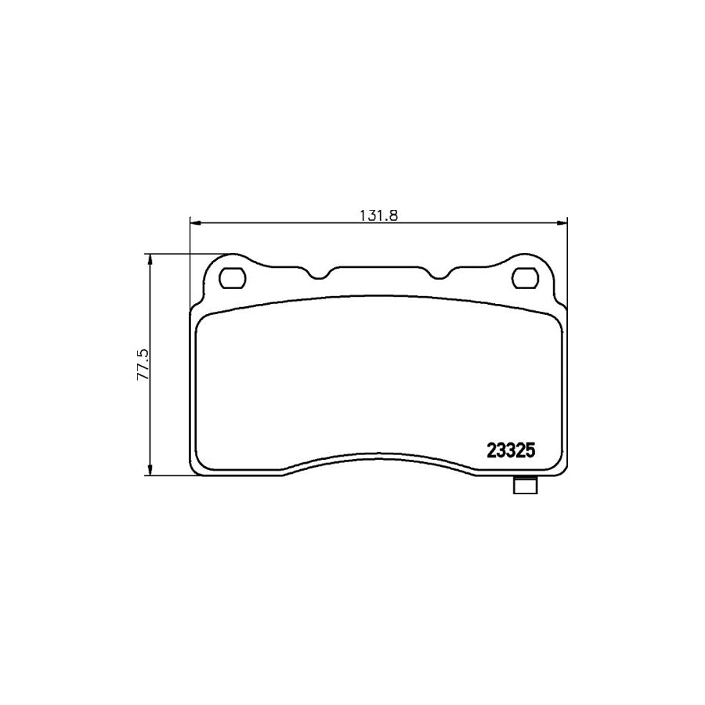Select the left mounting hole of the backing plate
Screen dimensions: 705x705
(x=233, y=278)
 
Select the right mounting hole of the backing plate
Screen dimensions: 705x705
(x=524, y=278)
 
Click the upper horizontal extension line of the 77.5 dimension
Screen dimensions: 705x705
(x=188, y=254)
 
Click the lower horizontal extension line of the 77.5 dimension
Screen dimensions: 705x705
(x=168, y=475)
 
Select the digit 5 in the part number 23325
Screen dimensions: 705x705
(x=530, y=451)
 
